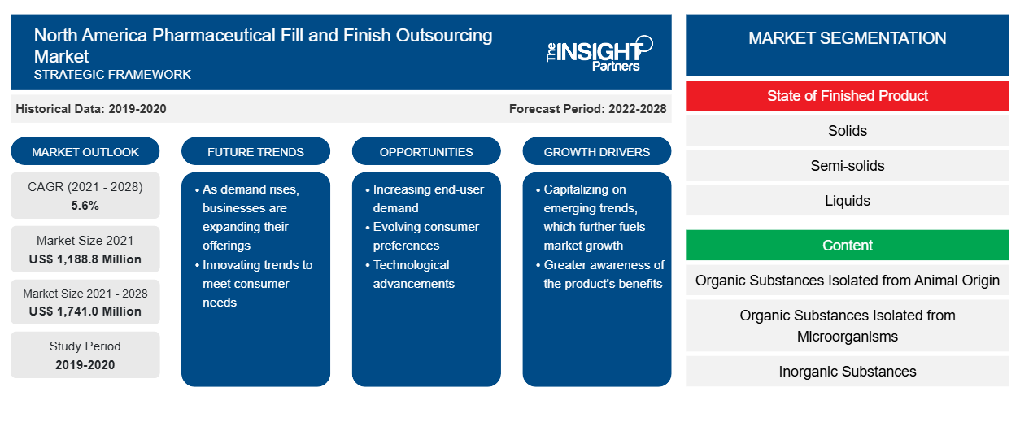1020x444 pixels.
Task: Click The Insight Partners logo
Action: click(599, 54)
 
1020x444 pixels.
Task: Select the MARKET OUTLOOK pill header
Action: click(85, 151)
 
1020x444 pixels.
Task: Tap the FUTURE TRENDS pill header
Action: click(255, 151)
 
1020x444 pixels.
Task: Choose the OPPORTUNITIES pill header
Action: click(426, 151)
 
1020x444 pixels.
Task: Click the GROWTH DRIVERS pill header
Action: click(596, 151)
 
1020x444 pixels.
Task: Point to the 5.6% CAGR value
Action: click(85, 206)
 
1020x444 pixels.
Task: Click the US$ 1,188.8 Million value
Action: click(85, 259)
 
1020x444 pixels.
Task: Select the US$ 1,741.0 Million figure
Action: click(85, 311)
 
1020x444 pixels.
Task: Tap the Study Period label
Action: click(85, 346)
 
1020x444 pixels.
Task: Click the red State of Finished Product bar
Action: click(847, 96)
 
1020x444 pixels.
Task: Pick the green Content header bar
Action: click(847, 245)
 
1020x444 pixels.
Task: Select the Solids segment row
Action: click(847, 131)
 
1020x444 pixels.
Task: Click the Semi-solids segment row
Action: click(847, 166)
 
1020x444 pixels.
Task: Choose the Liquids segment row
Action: click(847, 200)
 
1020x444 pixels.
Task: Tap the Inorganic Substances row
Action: click(847, 371)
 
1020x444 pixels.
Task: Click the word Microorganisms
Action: click(847, 337)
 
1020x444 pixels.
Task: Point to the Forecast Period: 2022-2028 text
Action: click(587, 109)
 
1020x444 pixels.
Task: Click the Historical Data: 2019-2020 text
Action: click(91, 109)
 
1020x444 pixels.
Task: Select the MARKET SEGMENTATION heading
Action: click(847, 37)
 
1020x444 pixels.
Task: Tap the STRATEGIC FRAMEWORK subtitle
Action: click(112, 75)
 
